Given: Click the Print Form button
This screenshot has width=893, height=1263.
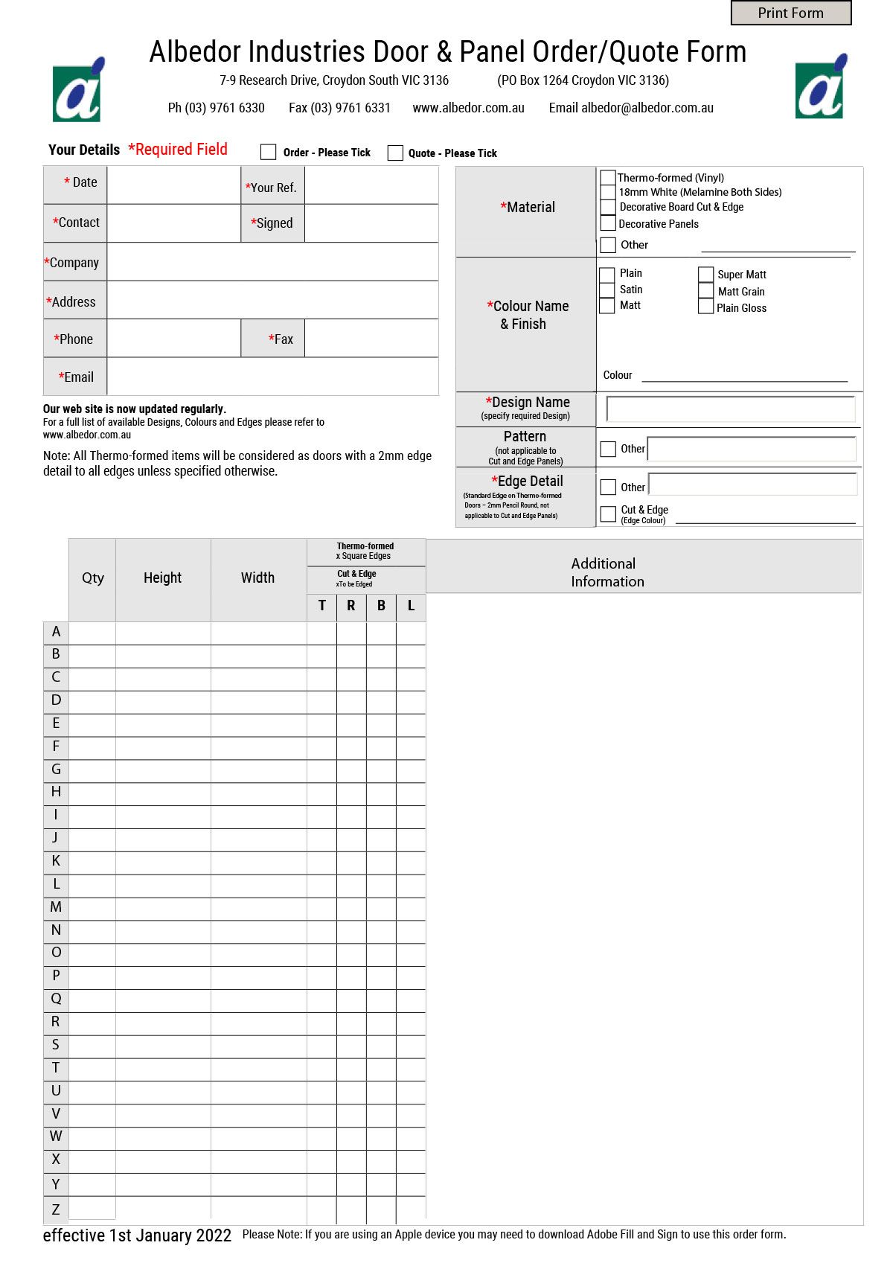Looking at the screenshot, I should tap(790, 13).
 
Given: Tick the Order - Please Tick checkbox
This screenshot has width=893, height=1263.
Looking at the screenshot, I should tap(268, 152).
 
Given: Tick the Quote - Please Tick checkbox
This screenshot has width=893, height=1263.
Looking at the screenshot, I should tap(395, 153).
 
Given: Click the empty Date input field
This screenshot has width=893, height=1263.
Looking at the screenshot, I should tap(173, 185).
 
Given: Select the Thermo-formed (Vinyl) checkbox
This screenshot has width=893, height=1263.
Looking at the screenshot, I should tap(608, 178).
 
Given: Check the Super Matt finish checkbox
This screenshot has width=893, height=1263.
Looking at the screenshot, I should tap(705, 274).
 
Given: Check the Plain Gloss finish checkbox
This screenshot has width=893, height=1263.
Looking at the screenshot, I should tap(705, 307).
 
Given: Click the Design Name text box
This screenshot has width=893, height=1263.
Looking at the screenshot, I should tap(730, 409).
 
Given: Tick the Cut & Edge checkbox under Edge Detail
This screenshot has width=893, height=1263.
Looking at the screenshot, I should tap(608, 514).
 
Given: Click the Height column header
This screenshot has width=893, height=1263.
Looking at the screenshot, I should tap(162, 578).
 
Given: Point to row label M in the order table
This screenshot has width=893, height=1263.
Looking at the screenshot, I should tap(56, 907).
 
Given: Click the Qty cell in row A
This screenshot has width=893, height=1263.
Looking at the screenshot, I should tap(92, 633).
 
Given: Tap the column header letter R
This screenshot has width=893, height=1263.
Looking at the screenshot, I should tap(351, 606).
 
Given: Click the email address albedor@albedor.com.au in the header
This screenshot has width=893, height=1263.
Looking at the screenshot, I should tap(647, 108).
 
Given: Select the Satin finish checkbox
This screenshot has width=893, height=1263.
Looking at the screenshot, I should tap(607, 290).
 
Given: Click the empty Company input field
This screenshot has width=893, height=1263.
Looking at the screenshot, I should tap(272, 262).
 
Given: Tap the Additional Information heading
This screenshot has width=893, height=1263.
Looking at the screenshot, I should tap(606, 572).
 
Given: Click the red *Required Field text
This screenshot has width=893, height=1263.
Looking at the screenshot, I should tap(177, 150).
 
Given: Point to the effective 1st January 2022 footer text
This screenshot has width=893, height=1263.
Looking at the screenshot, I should tap(137, 1235).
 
